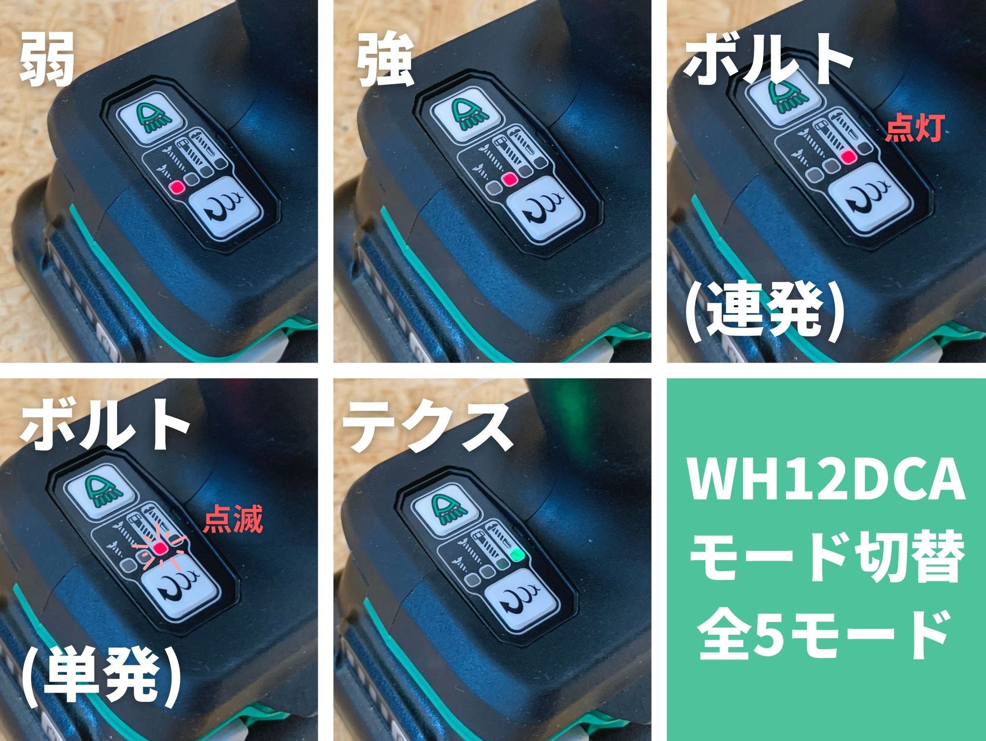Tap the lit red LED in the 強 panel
coord(509,179)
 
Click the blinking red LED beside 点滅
coord(160,548)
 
